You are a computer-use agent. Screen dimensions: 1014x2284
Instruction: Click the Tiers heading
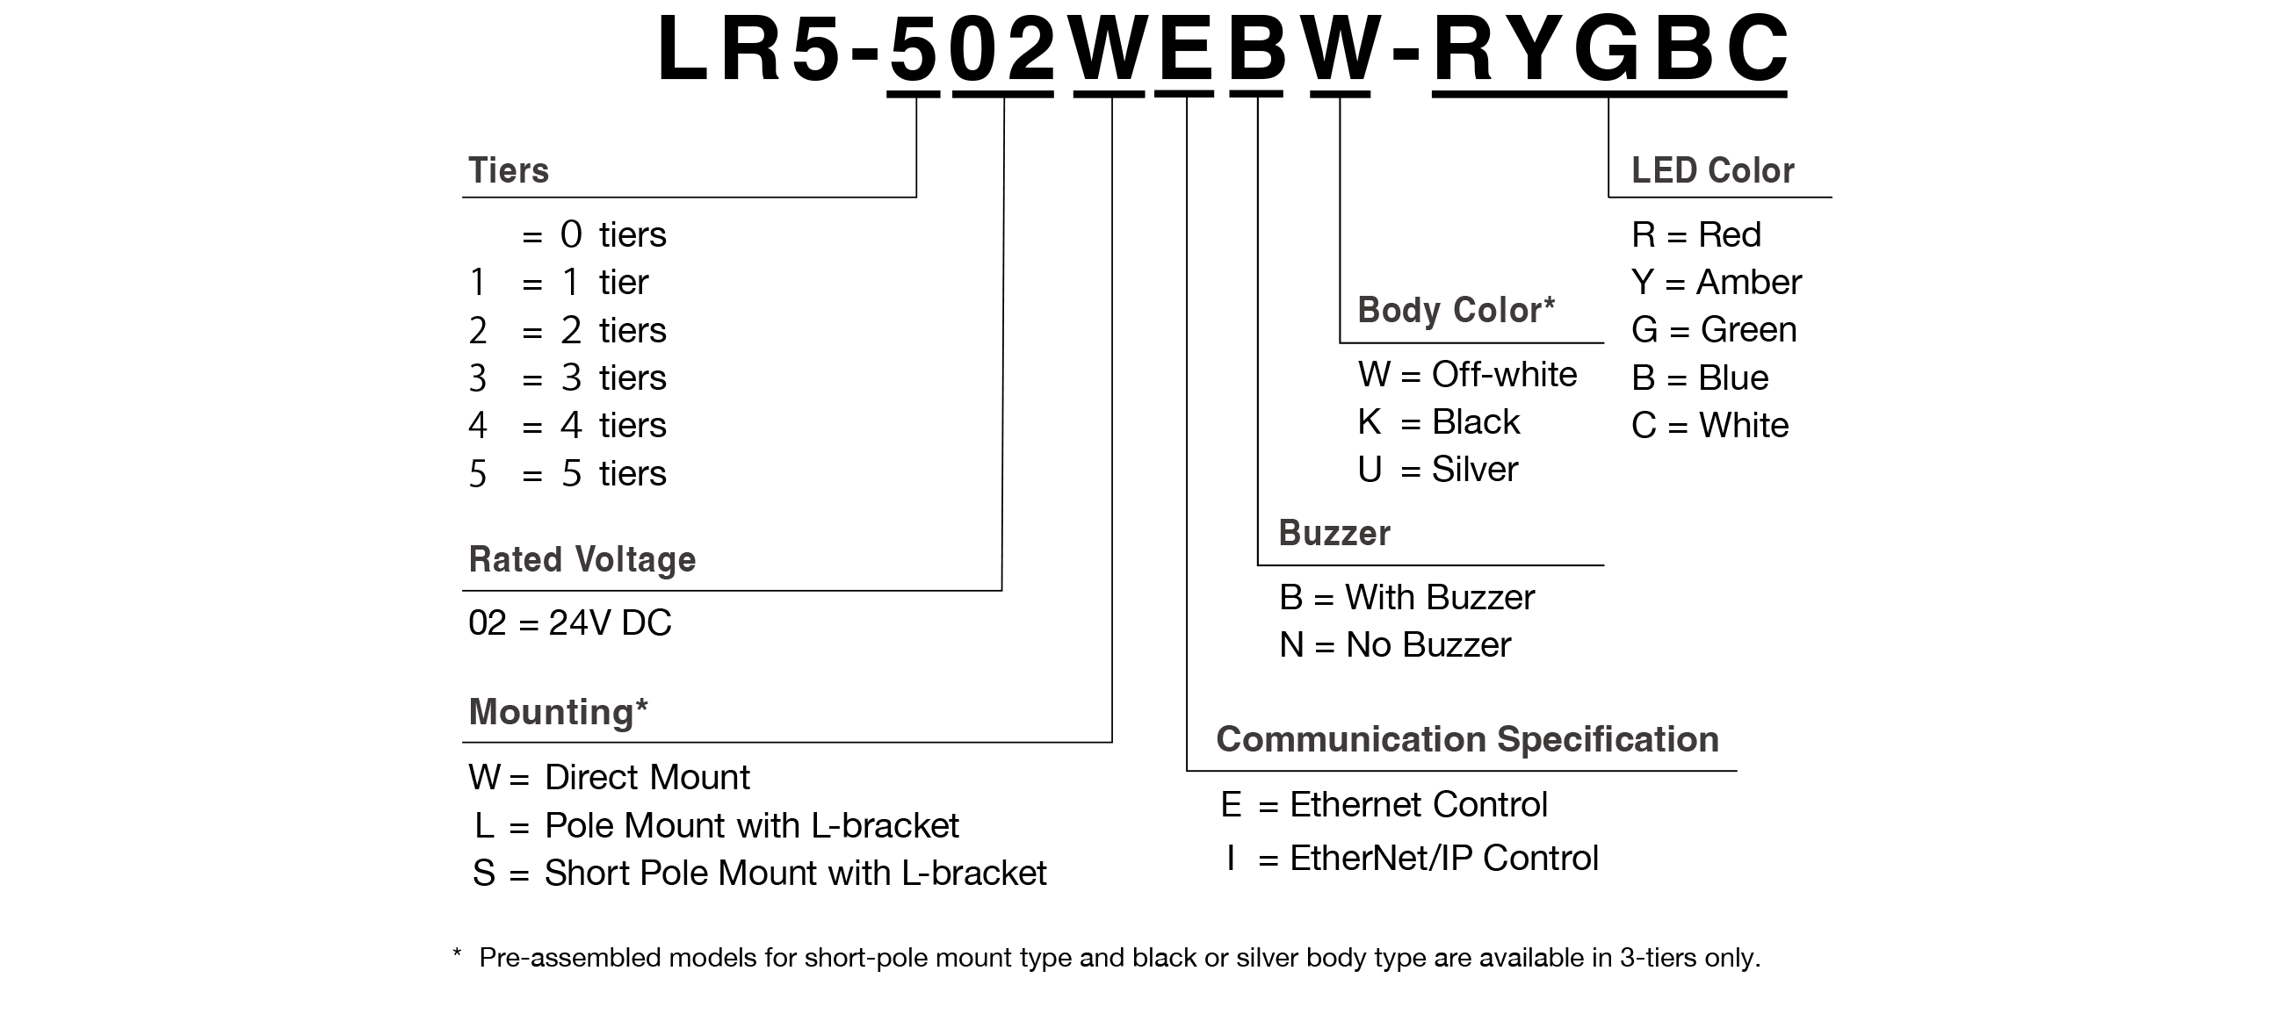508,170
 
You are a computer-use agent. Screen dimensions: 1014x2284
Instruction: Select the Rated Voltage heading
582,559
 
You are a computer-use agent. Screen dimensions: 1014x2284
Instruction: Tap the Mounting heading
558,712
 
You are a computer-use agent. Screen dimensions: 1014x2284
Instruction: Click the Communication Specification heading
1466,739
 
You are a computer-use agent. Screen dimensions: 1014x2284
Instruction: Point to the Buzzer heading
1334,533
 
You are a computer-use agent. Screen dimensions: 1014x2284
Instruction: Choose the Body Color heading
1455,310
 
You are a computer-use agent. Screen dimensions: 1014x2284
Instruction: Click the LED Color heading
1712,170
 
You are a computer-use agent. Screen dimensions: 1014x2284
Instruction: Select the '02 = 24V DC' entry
569,623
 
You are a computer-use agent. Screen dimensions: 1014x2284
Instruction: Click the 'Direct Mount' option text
647,777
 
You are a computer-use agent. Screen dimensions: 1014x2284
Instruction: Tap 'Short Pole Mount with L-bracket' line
794,873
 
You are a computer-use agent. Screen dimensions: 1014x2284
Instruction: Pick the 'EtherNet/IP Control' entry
1443,858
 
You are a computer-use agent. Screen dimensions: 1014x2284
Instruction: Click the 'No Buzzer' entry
1427,645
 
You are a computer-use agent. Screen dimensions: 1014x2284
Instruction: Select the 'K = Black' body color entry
1438,422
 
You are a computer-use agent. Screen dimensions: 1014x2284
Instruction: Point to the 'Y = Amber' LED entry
1716,283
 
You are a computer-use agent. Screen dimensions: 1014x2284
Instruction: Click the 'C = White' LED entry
1709,426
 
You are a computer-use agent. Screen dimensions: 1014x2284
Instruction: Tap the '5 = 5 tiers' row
567,473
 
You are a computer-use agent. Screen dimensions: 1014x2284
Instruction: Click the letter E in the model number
1185,49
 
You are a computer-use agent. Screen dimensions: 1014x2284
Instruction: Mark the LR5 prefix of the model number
748,49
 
